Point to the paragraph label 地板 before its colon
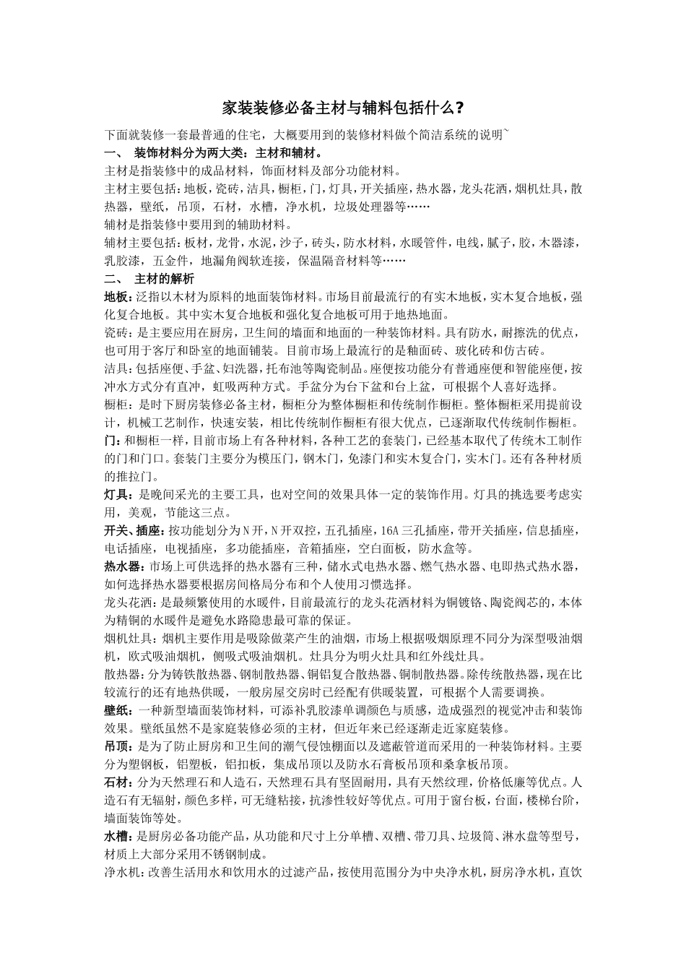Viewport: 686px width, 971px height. pos(116,297)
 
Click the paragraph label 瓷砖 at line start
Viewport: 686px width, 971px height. pos(116,333)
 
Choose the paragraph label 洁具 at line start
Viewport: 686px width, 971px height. pos(116,368)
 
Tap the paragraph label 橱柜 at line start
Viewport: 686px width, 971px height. pos(116,405)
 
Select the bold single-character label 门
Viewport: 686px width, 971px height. pos(110,440)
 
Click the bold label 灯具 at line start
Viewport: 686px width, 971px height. pos(116,494)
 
